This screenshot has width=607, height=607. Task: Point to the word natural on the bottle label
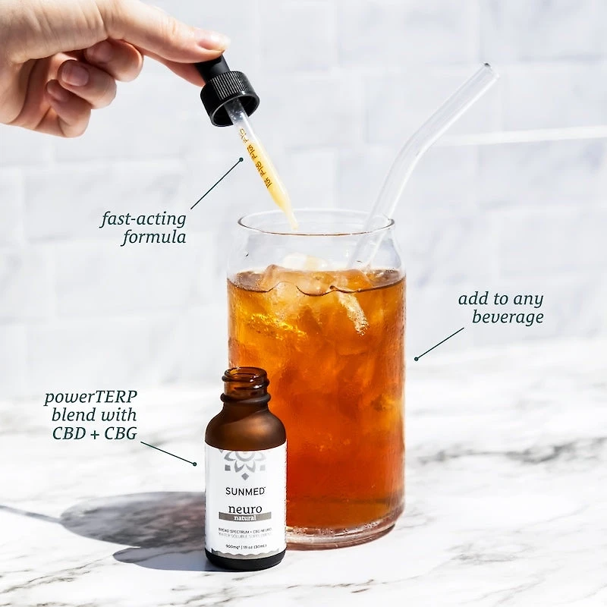[244, 515]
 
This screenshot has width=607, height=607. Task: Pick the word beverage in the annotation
[508, 316]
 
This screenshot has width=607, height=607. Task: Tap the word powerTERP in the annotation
[91, 397]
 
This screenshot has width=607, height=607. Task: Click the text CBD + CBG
[94, 433]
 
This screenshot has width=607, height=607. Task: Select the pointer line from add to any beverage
[440, 343]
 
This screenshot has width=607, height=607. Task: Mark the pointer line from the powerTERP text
[168, 453]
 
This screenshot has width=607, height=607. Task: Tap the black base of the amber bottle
[245, 561]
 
